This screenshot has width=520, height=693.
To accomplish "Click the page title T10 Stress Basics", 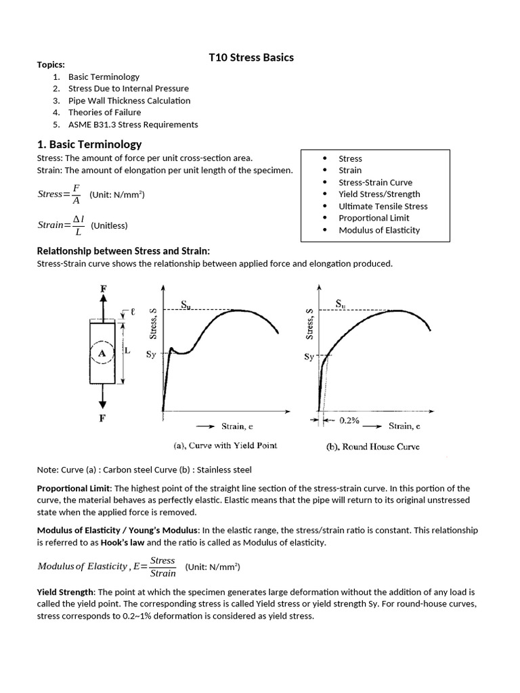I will (x=251, y=58).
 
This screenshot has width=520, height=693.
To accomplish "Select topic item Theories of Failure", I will (x=104, y=112).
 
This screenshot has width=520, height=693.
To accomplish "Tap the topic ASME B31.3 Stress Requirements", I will (x=133, y=125).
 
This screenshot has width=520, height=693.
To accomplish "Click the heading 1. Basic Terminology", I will (x=89, y=144).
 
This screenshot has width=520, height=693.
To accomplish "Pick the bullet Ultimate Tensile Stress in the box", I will (x=383, y=206).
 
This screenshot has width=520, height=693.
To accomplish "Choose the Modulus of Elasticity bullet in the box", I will (x=378, y=230).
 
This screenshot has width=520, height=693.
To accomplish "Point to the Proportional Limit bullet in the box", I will (x=374, y=218).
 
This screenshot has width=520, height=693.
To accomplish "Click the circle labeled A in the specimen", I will (x=102, y=353).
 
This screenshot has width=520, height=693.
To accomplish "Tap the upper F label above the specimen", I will (x=104, y=289).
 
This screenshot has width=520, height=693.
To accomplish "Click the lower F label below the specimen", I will (x=103, y=418).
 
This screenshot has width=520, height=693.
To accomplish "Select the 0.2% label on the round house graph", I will (x=350, y=420).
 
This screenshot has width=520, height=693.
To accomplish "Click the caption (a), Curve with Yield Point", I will (x=225, y=445).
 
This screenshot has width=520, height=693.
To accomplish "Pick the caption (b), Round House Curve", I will (x=381, y=446).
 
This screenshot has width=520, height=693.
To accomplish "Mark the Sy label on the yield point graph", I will (x=152, y=354).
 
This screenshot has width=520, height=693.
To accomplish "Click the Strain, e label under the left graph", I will (x=237, y=426).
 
